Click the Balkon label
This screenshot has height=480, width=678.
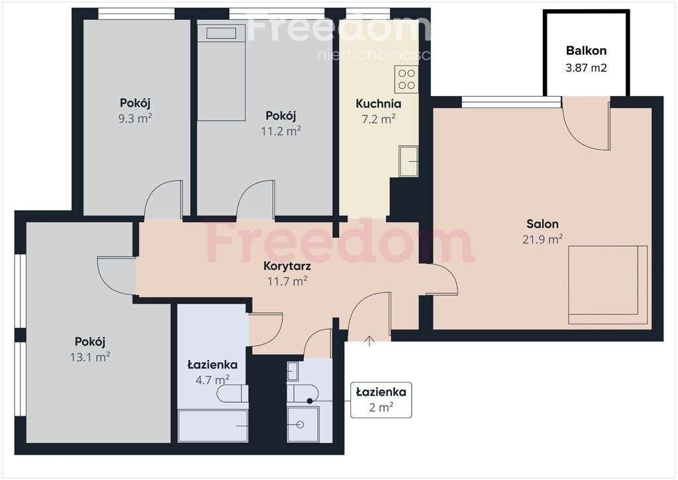(586, 50)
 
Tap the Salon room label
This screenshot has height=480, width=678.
(542, 224)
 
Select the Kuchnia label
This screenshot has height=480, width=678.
(378, 104)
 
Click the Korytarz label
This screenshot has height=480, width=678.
(287, 267)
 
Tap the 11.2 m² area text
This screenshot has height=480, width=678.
(281, 131)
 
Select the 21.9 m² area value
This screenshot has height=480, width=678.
(542, 239)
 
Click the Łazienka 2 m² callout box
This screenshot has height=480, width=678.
(381, 400)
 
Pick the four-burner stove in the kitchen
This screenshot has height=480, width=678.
(407, 80)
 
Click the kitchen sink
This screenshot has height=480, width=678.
(409, 162)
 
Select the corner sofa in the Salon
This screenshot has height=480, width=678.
(607, 285)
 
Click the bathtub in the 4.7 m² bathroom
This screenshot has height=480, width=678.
(213, 424)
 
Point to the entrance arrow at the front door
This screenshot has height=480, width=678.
(369, 341)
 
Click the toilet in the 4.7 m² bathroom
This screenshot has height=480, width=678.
(232, 394)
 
